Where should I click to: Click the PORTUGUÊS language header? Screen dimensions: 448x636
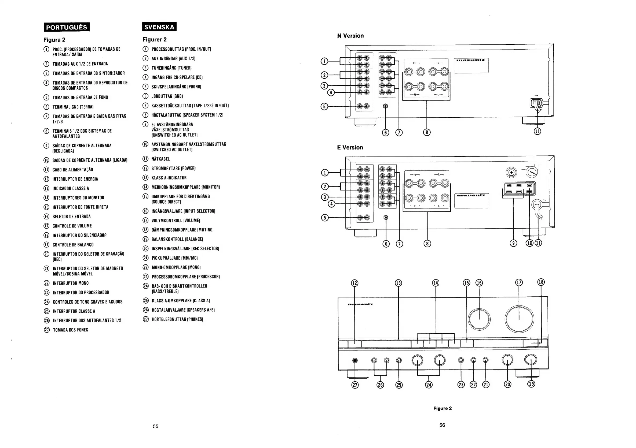click(x=67, y=27)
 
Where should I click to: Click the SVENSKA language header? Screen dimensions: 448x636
click(x=159, y=27)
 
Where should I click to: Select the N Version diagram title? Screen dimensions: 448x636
click(x=350, y=36)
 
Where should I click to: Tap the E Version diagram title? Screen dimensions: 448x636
click(x=350, y=147)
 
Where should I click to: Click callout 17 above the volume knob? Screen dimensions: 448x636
click(x=518, y=282)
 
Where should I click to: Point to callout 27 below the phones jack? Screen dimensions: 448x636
click(x=355, y=385)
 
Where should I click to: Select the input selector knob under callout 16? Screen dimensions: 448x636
click(x=479, y=319)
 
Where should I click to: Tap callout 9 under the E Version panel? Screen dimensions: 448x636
click(x=513, y=243)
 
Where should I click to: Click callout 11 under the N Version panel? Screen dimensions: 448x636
click(x=538, y=131)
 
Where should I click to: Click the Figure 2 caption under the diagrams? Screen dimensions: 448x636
click(x=442, y=408)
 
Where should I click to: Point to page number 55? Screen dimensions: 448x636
click(x=156, y=426)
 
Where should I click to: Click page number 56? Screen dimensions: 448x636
click(x=442, y=425)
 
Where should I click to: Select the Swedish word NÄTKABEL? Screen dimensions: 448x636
click(x=161, y=159)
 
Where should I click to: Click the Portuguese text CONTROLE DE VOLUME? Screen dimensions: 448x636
click(x=72, y=226)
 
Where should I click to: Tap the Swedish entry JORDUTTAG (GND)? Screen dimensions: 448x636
click(x=167, y=96)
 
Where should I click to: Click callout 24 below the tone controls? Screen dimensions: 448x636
click(x=429, y=385)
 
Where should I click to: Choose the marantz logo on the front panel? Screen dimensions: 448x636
click(x=360, y=304)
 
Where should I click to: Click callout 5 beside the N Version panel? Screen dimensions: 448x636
click(x=324, y=106)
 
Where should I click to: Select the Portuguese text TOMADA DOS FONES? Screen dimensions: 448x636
click(x=70, y=330)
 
